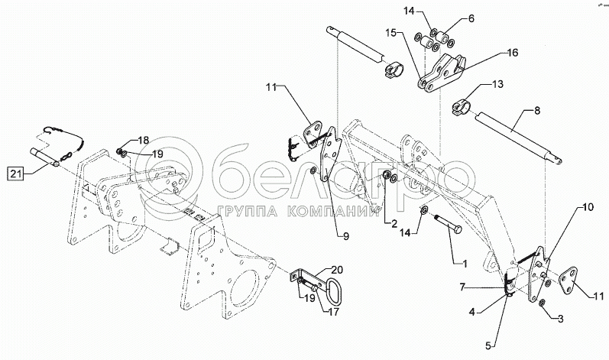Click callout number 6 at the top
coord(471,18)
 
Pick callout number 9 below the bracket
coord(345,236)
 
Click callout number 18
coord(144,140)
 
